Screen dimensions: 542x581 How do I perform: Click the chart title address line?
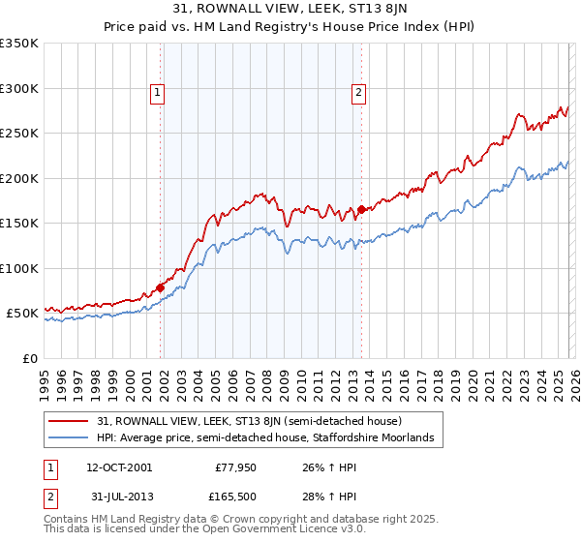point(290,9)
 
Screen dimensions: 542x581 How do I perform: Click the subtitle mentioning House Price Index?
point(290,26)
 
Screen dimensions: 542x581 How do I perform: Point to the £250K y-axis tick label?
point(19,134)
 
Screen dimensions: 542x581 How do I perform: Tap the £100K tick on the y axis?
point(19,268)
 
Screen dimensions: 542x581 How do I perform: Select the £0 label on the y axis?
point(29,358)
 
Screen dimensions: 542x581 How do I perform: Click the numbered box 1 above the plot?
point(157,93)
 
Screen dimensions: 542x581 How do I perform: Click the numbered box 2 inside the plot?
point(358,93)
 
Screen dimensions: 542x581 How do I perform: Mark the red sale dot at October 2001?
point(160,287)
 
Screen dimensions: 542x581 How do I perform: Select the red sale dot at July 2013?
point(361,209)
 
